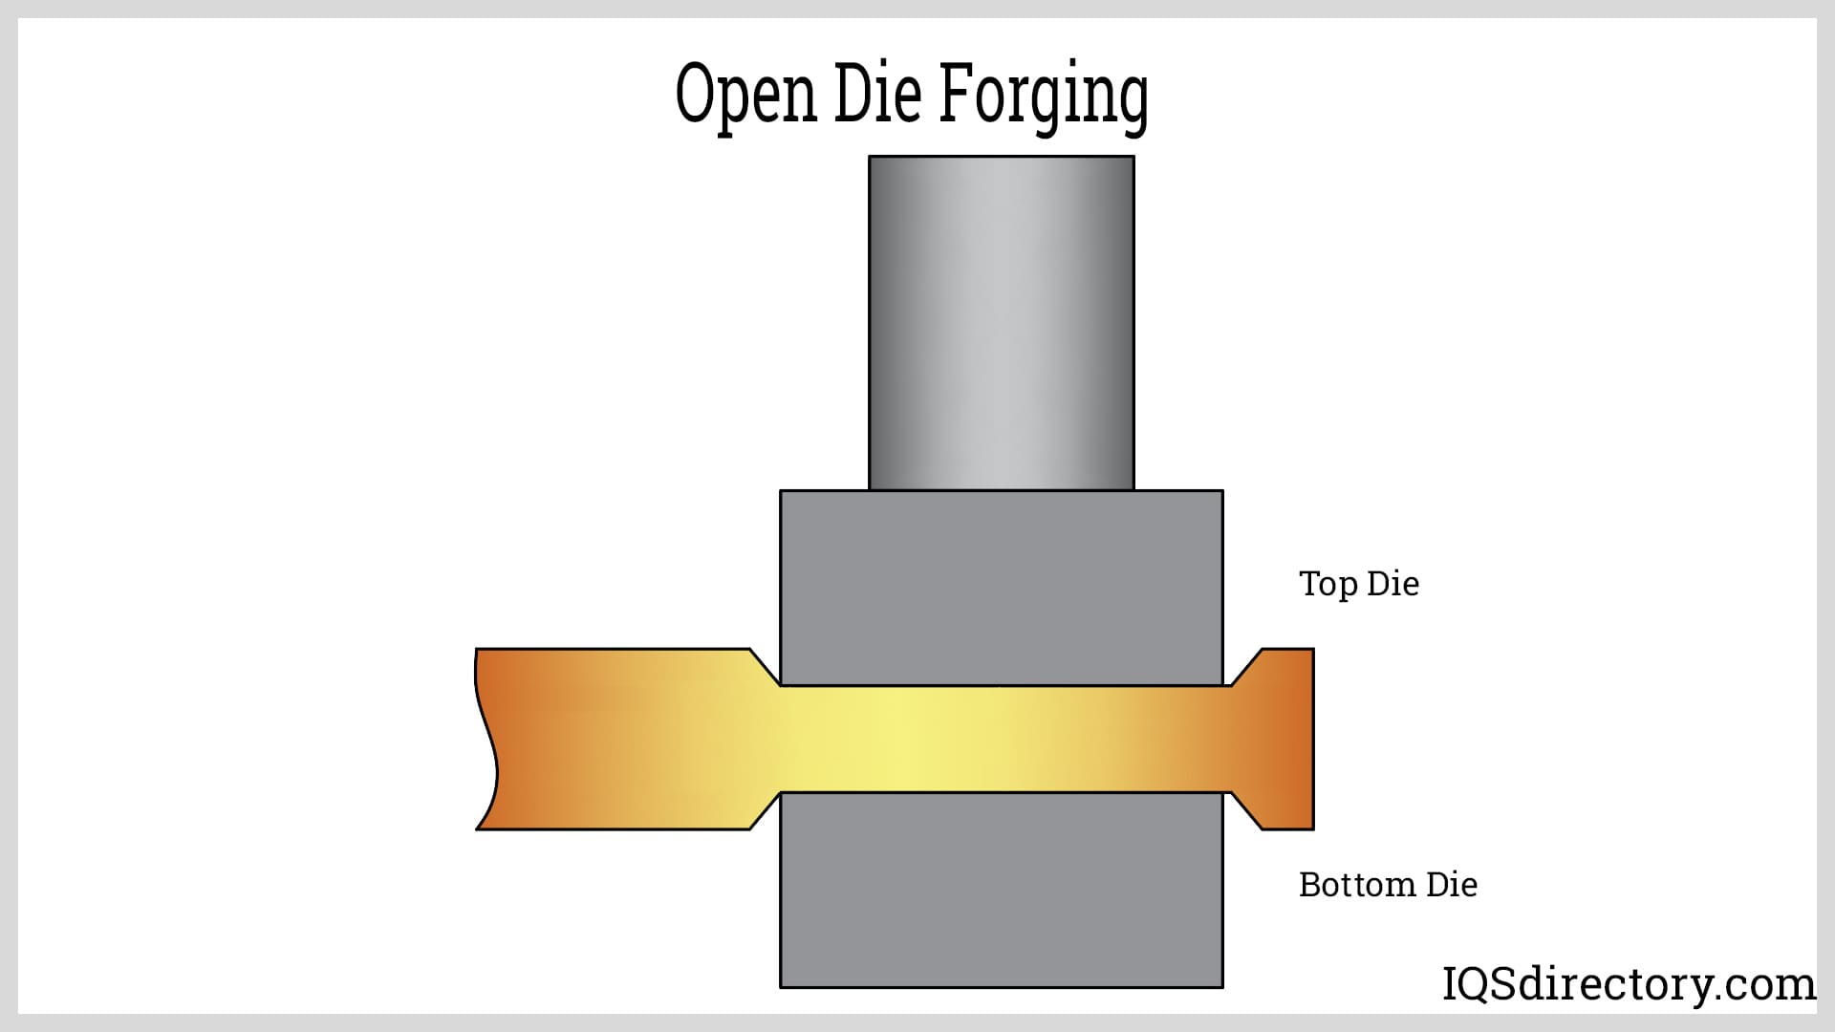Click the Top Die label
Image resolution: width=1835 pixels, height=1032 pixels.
(1358, 584)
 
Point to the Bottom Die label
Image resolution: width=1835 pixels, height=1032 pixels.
(1388, 885)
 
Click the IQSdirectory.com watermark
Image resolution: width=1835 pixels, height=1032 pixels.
(1629, 984)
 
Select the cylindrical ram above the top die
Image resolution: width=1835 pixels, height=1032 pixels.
(1001, 323)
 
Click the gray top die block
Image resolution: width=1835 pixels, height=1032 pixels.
(1001, 587)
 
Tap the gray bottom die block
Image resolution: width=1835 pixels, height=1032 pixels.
(1001, 890)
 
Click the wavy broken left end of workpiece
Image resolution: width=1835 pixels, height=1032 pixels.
(487, 739)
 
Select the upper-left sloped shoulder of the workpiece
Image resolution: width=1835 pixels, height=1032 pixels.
(766, 667)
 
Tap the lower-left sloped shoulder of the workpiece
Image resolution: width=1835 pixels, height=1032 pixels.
(766, 811)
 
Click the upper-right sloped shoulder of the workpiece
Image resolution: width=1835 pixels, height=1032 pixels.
(1245, 667)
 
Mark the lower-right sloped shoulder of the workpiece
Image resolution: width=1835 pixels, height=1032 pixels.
(1245, 811)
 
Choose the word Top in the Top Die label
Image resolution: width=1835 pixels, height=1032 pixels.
(1328, 584)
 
